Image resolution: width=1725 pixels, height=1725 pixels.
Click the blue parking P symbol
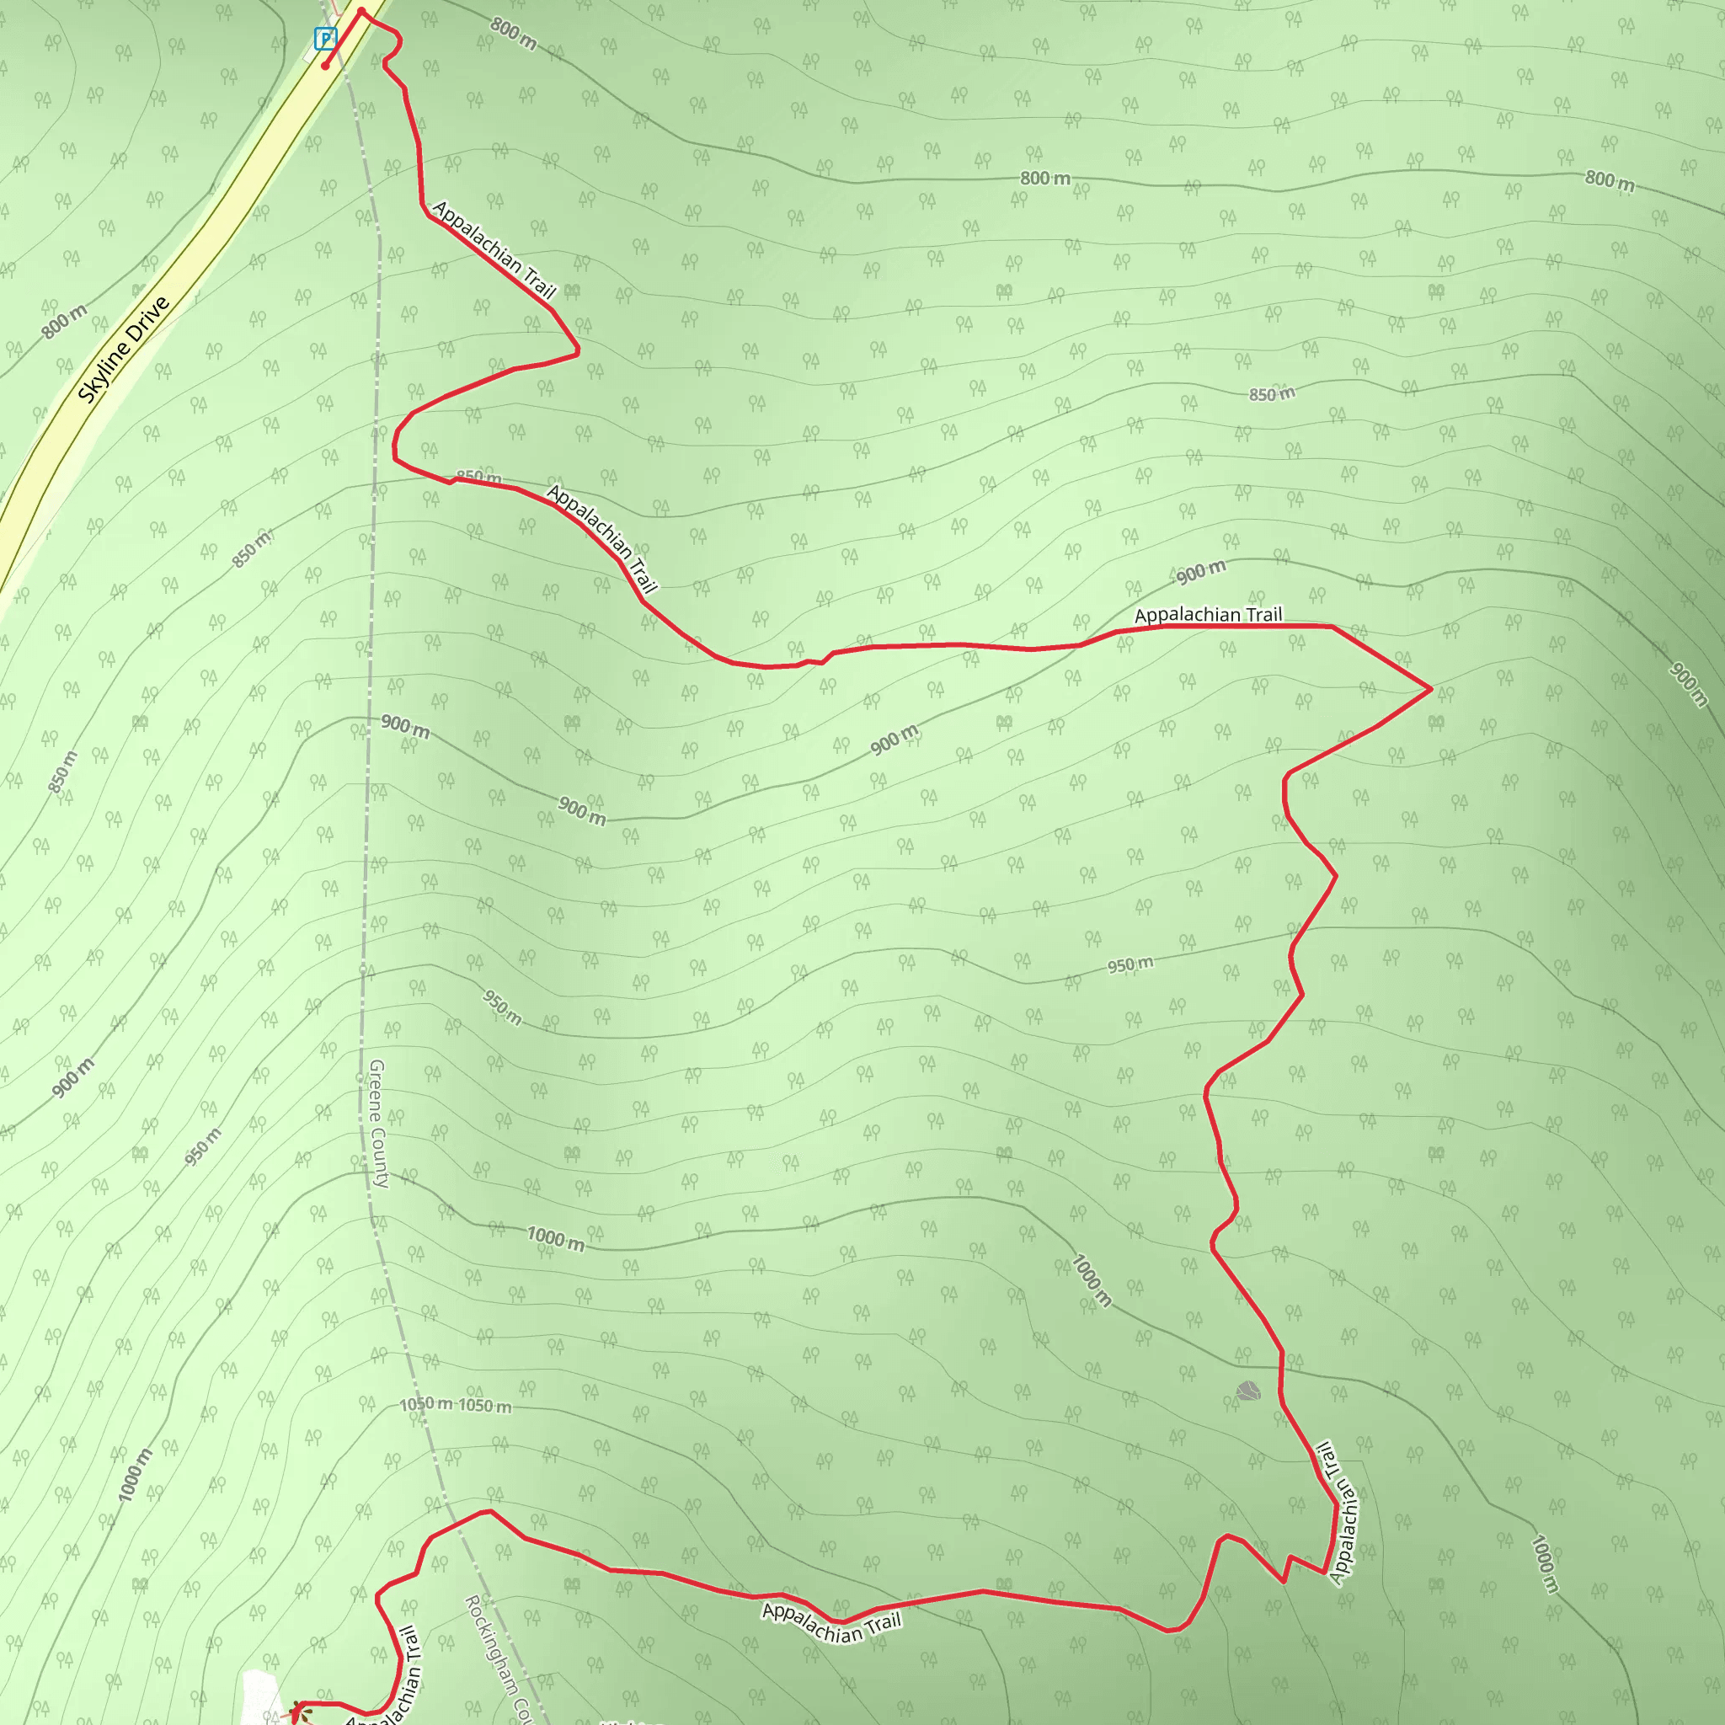[x=325, y=39]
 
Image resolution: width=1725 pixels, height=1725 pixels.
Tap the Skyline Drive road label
[x=123, y=349]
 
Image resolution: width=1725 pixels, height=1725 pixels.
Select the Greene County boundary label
[x=377, y=1124]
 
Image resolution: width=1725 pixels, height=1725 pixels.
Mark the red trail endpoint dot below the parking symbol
[x=326, y=65]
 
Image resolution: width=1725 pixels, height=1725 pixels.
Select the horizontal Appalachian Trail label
[x=1207, y=614]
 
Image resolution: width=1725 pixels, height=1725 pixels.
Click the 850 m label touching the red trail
[x=478, y=477]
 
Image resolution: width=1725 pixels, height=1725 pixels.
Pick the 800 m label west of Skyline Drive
[x=64, y=322]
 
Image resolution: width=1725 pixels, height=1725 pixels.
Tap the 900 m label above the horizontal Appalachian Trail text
[x=1200, y=572]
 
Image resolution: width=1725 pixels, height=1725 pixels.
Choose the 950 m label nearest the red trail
[x=1130, y=964]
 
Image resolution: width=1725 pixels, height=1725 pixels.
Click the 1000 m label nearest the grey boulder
[x=1091, y=1280]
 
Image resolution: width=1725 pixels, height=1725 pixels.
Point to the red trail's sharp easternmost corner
[x=1430, y=688]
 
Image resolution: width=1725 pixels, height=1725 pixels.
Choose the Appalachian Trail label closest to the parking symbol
[x=494, y=249]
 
